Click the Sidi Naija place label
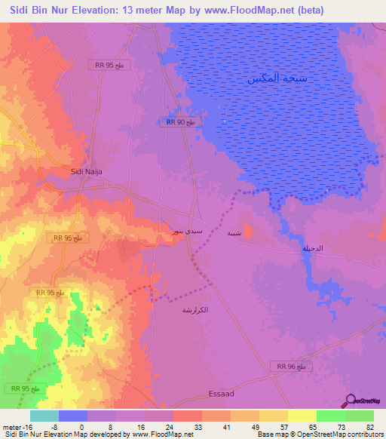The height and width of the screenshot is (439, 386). (86, 172)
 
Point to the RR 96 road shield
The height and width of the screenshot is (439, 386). (289, 366)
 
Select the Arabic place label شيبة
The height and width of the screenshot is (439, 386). (234, 233)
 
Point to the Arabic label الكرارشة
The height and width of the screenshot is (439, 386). (195, 310)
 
